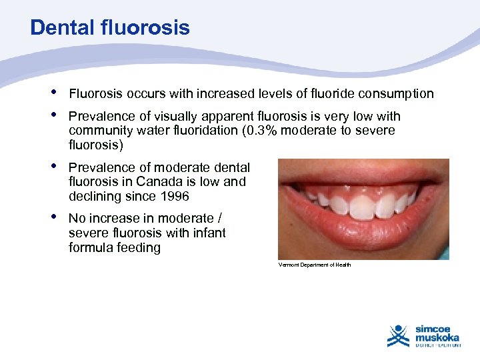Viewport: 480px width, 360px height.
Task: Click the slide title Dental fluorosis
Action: [x=110, y=27]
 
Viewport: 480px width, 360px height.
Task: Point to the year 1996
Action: [x=175, y=196]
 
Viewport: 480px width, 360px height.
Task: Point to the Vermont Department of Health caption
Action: [x=314, y=265]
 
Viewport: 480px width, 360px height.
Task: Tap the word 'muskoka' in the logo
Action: [x=437, y=337]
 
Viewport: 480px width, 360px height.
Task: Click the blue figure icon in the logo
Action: [x=399, y=335]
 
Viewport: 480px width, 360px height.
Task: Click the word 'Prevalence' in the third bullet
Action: [x=100, y=167]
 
